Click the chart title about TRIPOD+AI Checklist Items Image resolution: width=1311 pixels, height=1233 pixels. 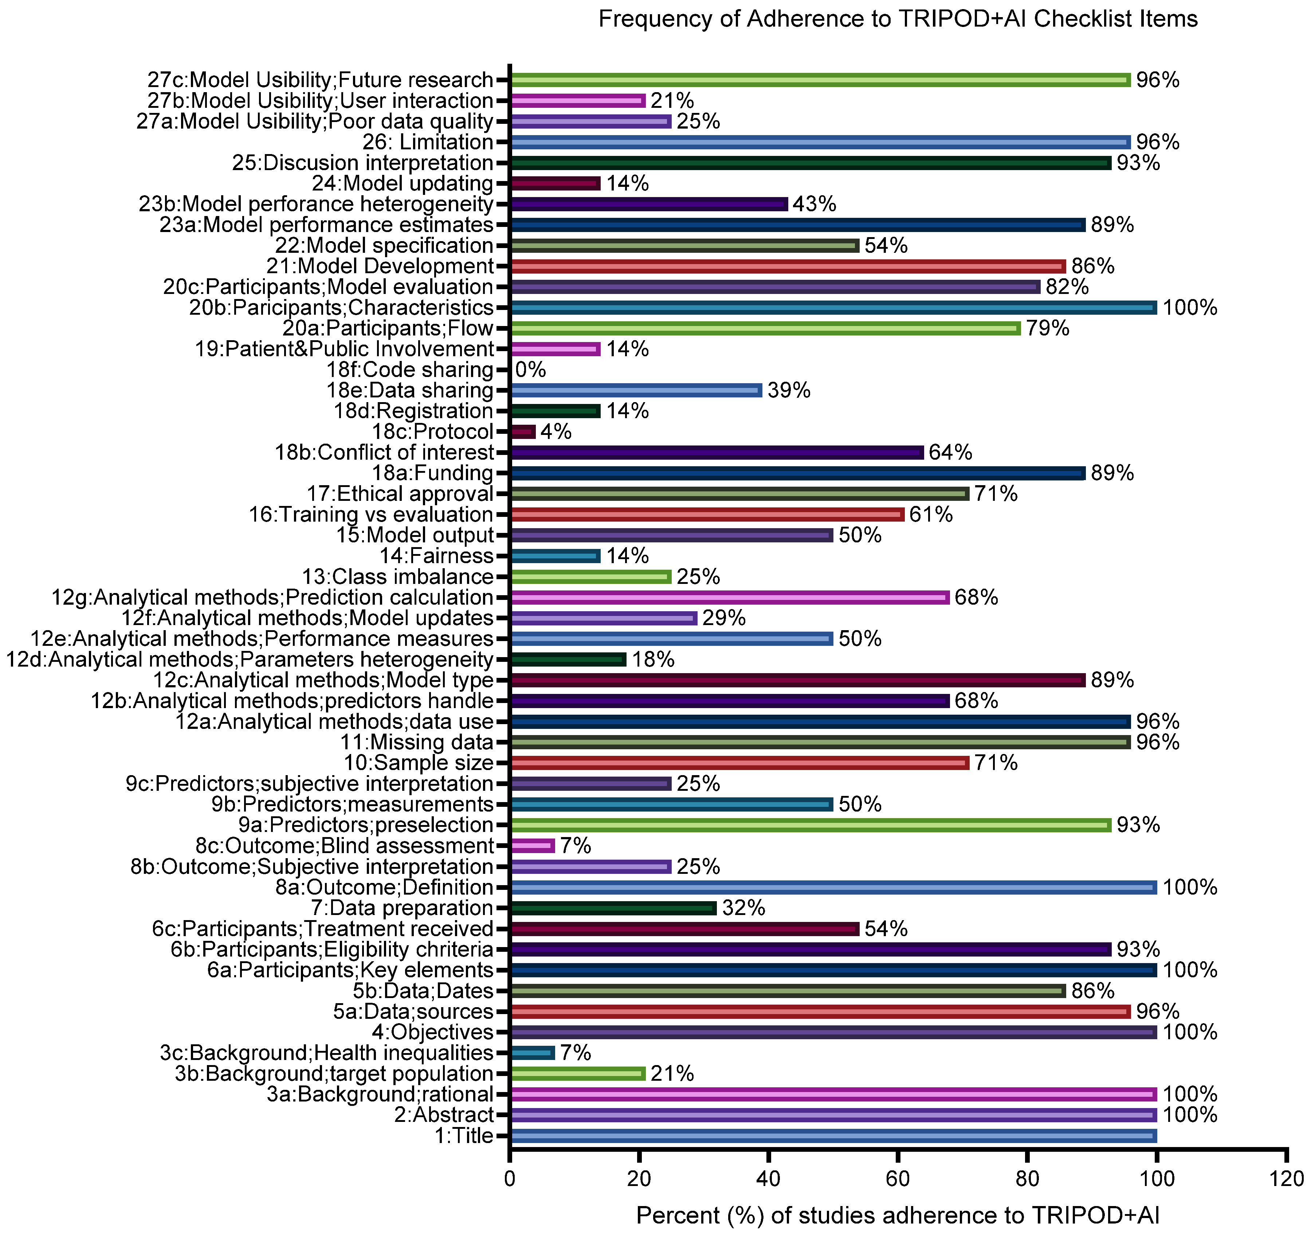898,19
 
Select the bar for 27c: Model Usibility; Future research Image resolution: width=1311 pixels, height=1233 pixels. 820,80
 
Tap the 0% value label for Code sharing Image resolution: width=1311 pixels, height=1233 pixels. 531,370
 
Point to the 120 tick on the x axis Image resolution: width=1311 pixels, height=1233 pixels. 1286,1178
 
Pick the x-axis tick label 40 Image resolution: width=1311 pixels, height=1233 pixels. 768,1178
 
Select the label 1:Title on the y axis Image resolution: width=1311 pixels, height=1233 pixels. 464,1135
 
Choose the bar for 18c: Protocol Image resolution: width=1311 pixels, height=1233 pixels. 523,432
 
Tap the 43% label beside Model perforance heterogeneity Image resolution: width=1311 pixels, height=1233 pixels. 815,204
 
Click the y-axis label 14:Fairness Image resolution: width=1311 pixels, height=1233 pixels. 436,556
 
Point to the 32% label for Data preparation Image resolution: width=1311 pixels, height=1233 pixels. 744,908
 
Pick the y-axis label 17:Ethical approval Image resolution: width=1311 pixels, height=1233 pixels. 400,494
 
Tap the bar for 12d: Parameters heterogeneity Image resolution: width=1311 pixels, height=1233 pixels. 569,659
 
